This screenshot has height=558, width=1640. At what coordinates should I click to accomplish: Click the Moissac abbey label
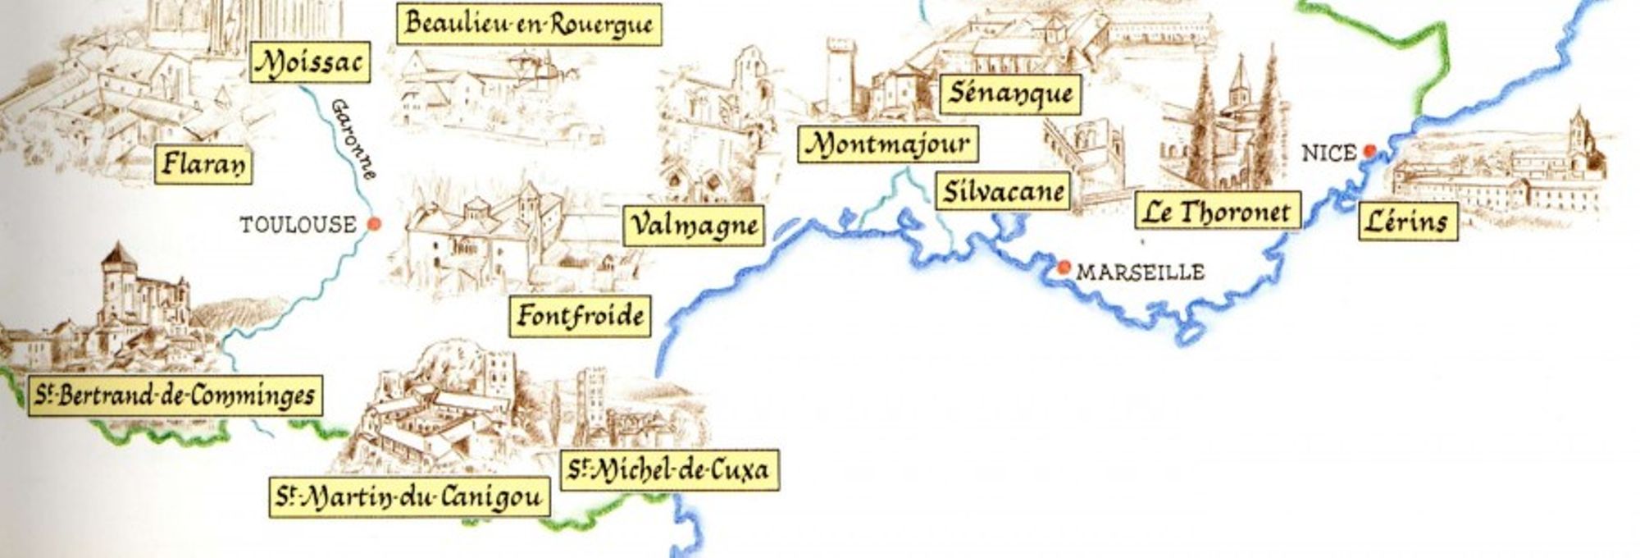click(x=309, y=62)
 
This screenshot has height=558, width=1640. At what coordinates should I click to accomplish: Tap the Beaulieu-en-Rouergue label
click(x=529, y=24)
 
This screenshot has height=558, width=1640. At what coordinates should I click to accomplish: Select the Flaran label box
click(x=203, y=163)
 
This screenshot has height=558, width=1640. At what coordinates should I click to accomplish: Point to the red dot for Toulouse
click(x=374, y=223)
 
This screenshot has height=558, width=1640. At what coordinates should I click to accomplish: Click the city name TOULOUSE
click(x=298, y=224)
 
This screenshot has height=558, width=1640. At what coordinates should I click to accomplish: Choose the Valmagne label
click(x=693, y=224)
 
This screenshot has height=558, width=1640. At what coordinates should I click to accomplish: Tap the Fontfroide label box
click(x=580, y=315)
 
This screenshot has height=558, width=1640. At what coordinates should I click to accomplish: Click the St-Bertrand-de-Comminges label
click(x=175, y=396)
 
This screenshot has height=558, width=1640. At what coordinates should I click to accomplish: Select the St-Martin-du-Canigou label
click(x=409, y=497)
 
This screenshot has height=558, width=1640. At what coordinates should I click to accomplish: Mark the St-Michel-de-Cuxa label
click(x=669, y=469)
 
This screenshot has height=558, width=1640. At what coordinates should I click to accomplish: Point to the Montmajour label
click(x=888, y=144)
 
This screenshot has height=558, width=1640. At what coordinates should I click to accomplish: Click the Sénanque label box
click(x=1009, y=93)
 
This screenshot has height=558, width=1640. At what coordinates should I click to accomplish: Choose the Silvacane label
click(x=1003, y=191)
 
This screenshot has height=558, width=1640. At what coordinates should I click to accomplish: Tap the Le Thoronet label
click(x=1218, y=211)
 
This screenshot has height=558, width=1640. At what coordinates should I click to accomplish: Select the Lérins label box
click(x=1407, y=221)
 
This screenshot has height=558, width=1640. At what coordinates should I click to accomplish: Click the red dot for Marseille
click(x=1064, y=267)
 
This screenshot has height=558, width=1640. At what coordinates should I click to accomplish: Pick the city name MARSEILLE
click(x=1140, y=272)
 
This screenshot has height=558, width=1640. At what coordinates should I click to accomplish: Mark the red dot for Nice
click(x=1369, y=151)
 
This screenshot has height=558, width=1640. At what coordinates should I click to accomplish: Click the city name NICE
click(x=1328, y=153)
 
